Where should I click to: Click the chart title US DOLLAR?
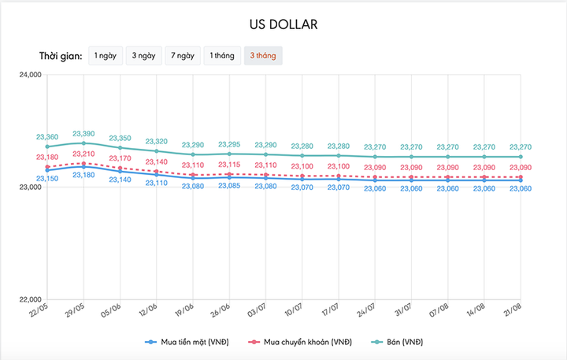[x=283, y=25]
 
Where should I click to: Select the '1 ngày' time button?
[x=105, y=56]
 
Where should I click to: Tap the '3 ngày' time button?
[x=143, y=56]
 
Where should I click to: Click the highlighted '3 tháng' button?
[x=262, y=56]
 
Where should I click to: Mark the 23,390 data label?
[x=83, y=134]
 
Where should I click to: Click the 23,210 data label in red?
[x=83, y=154]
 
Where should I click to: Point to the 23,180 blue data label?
[x=83, y=175]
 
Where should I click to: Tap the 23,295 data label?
[x=229, y=144]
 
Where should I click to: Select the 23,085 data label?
[x=229, y=186]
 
